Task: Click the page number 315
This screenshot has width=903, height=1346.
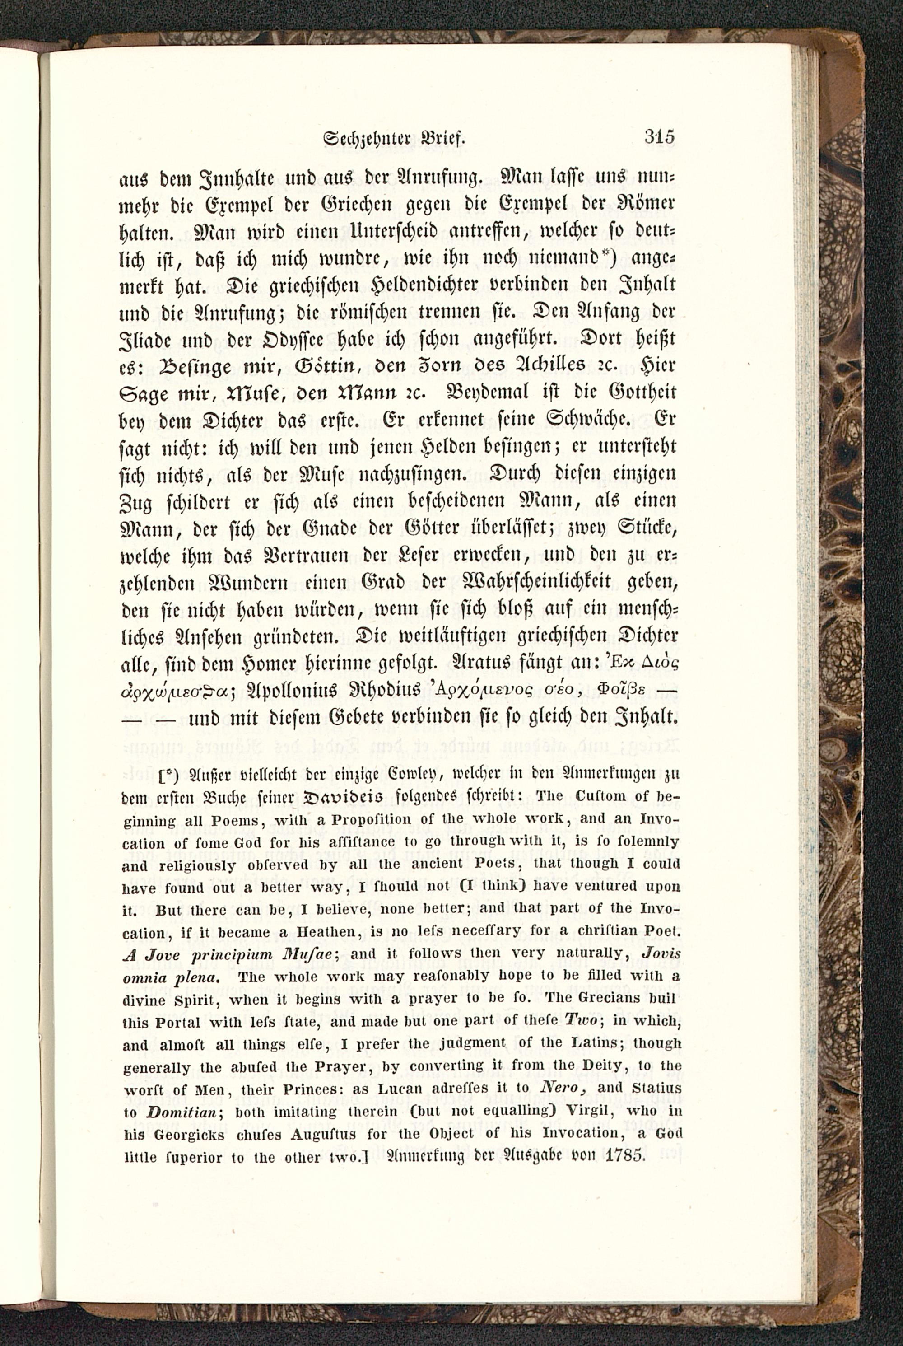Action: [x=659, y=138]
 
